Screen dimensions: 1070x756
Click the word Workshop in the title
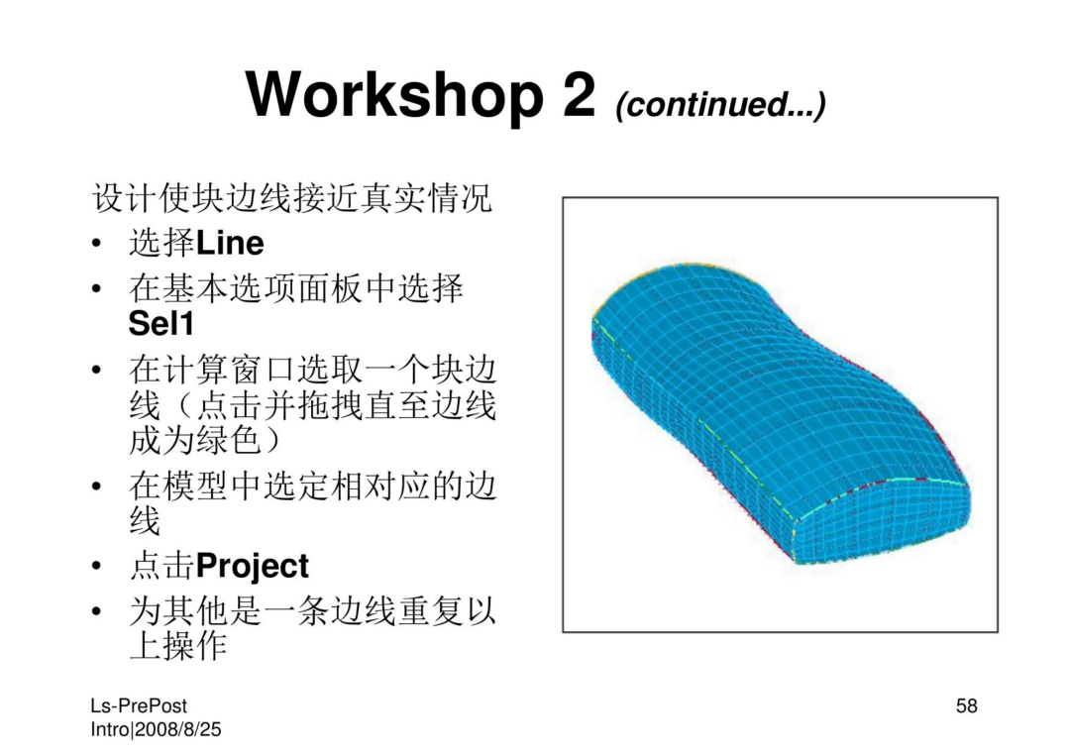pyautogui.click(x=394, y=96)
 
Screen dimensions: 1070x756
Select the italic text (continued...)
pyautogui.click(x=720, y=104)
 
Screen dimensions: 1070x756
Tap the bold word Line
pyautogui.click(x=230, y=243)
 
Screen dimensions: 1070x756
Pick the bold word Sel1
pyautogui.click(x=161, y=323)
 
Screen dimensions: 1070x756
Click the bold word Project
pyautogui.click(x=253, y=567)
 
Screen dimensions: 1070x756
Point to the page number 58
pyautogui.click(x=966, y=705)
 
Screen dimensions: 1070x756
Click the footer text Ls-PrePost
pyautogui.click(x=139, y=706)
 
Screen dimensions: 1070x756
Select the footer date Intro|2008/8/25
pyautogui.click(x=157, y=729)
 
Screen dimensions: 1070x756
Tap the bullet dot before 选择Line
pyautogui.click(x=97, y=244)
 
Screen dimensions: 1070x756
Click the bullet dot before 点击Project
pyautogui.click(x=97, y=567)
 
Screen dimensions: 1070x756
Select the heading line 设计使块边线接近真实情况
pyautogui.click(x=292, y=198)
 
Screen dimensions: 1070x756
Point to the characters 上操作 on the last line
pyautogui.click(x=177, y=645)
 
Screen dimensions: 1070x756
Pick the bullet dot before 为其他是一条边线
pyautogui.click(x=97, y=610)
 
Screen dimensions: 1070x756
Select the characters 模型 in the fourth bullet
pyautogui.click(x=195, y=487)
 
